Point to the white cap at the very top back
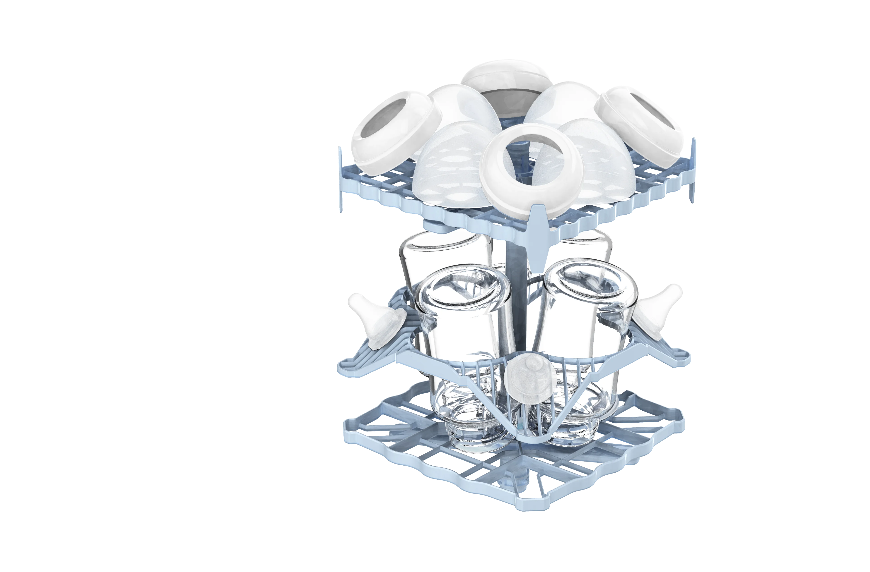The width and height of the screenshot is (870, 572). [x=506, y=79]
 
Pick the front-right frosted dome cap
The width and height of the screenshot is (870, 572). [x=599, y=161]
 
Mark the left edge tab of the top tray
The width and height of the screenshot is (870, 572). [x=341, y=179]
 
